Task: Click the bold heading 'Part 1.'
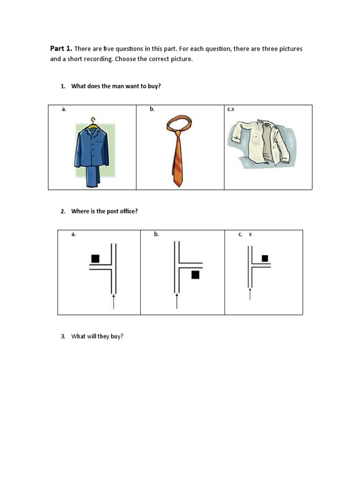61,49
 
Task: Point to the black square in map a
96,258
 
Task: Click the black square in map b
195,275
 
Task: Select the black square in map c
265,258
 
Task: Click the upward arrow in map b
177,300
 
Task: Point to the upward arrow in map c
250,294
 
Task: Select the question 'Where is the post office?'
104,211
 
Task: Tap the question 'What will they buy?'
97,336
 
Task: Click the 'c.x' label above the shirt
231,109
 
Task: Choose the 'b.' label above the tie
152,109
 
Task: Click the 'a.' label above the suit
64,109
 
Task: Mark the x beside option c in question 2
250,234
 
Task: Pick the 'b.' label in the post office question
157,234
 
